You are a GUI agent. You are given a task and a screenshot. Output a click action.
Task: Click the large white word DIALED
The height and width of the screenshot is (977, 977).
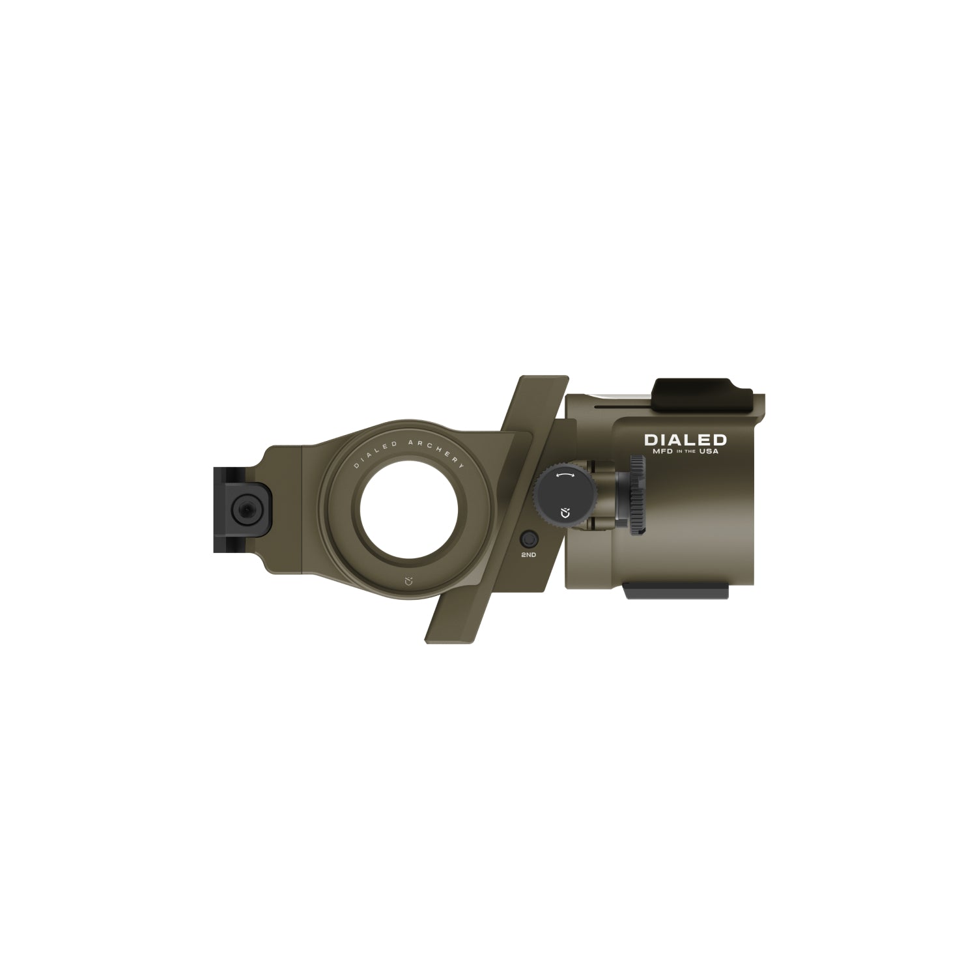[685, 440]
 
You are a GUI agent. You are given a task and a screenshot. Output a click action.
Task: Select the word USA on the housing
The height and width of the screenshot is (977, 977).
[709, 452]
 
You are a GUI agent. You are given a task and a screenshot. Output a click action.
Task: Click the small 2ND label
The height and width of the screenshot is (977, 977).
[528, 554]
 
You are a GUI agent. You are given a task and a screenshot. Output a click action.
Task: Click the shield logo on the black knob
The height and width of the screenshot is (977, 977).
[564, 514]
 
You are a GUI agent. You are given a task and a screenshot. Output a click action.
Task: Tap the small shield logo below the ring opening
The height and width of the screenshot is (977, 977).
[408, 580]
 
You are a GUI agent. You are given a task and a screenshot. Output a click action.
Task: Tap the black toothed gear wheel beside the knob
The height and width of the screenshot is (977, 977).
[637, 495]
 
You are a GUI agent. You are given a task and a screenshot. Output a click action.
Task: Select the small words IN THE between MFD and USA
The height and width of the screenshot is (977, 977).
[683, 453]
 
